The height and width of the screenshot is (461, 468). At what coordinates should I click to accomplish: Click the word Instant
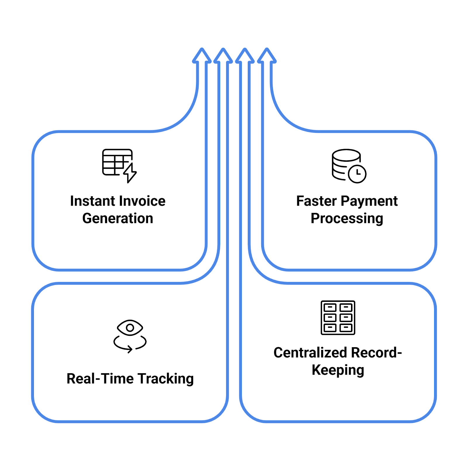[x=92, y=201]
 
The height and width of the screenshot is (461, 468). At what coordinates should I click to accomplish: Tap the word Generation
[x=118, y=219]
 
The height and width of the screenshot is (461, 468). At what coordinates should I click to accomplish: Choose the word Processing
[x=347, y=219]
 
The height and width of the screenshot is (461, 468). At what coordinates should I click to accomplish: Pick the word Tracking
[x=166, y=379]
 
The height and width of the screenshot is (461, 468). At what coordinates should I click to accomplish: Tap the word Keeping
[x=338, y=370]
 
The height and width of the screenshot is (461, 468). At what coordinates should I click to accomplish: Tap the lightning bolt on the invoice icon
[x=130, y=173]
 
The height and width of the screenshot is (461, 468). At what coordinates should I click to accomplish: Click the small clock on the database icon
[x=357, y=174]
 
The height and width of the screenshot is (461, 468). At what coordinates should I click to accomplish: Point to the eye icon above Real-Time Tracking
[x=130, y=328]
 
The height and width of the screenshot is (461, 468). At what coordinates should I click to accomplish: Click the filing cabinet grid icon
[x=338, y=317]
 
